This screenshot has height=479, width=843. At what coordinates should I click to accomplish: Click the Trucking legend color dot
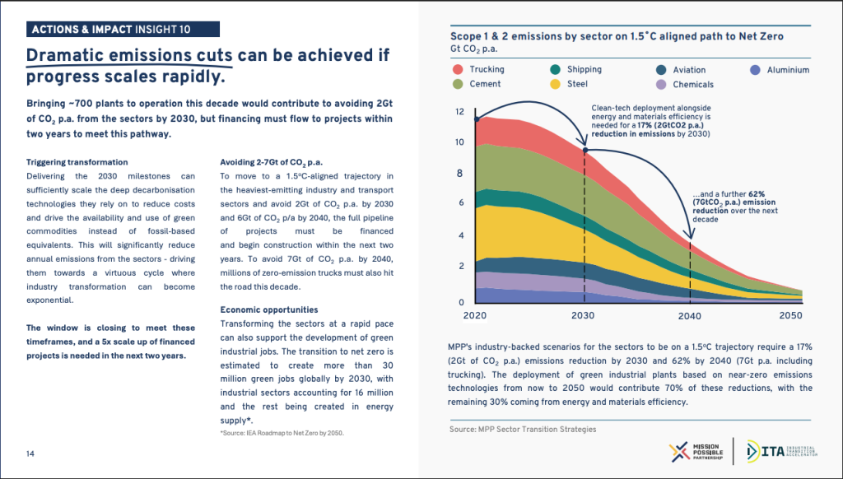pyautogui.click(x=458, y=69)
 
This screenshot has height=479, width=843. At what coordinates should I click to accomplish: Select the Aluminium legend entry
pyautogui.click(x=780, y=70)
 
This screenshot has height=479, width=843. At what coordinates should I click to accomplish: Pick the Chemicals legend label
pyautogui.click(x=693, y=85)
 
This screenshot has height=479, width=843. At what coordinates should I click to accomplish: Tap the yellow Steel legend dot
pyautogui.click(x=556, y=84)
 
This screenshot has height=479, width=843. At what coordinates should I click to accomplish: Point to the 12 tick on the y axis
pyautogui.click(x=459, y=112)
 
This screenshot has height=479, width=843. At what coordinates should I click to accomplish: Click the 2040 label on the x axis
pyautogui.click(x=689, y=315)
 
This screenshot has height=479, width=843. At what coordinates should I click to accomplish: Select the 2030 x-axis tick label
pyautogui.click(x=583, y=315)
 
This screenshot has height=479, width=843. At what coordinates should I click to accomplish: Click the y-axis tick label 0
pyautogui.click(x=461, y=302)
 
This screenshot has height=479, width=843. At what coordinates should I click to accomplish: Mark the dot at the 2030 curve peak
pyautogui.click(x=585, y=150)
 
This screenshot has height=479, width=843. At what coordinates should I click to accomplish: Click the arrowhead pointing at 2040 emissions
pyautogui.click(x=692, y=234)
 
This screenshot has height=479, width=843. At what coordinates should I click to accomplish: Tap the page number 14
pyautogui.click(x=30, y=453)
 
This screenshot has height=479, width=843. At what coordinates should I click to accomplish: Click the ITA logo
pyautogui.click(x=782, y=452)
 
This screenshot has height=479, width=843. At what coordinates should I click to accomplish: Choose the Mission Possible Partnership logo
pyautogui.click(x=696, y=452)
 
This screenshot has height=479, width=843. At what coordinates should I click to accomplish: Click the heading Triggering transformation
pyautogui.click(x=77, y=162)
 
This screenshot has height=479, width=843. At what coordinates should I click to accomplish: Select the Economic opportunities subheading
pyautogui.click(x=269, y=309)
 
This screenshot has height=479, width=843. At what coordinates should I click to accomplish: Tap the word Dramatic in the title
pyautogui.click(x=65, y=55)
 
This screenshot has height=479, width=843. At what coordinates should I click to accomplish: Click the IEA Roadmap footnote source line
pyautogui.click(x=282, y=433)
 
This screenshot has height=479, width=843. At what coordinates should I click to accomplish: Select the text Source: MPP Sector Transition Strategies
pyautogui.click(x=523, y=429)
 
